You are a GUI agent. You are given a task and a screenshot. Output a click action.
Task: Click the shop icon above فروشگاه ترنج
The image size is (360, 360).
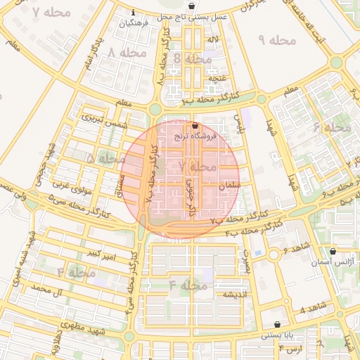(195, 126)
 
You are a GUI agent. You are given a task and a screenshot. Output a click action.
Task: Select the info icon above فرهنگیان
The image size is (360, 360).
(134, 13)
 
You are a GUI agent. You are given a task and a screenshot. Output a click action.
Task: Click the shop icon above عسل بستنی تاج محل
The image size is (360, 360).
(192, 6)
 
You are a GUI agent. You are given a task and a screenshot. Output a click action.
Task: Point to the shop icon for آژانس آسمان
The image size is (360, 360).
(333, 251)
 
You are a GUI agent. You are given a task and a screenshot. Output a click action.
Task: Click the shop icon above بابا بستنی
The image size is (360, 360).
(278, 325)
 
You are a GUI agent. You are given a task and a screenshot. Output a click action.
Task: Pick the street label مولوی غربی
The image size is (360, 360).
(70, 185)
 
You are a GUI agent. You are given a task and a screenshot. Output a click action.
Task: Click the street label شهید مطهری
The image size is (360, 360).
(82, 326)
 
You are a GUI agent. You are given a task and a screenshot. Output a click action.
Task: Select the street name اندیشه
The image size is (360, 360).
(234, 293)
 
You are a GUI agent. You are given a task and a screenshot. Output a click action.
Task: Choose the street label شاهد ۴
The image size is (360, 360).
(312, 307)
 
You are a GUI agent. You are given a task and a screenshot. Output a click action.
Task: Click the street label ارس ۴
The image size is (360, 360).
(290, 348)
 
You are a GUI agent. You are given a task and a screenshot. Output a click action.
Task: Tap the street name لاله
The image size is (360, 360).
(212, 39)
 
